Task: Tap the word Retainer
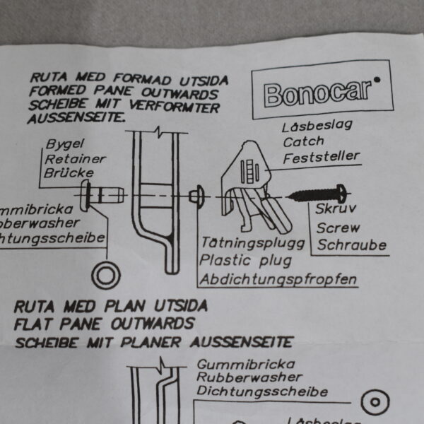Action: click(71, 158)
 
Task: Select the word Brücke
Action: click(67, 172)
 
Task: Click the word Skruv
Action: click(336, 209)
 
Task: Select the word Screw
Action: click(338, 228)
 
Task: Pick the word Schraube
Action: click(351, 245)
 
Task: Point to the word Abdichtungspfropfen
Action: click(277, 280)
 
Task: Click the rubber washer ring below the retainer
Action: click(106, 274)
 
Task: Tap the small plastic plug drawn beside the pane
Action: click(197, 192)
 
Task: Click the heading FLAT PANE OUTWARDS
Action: click(105, 324)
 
